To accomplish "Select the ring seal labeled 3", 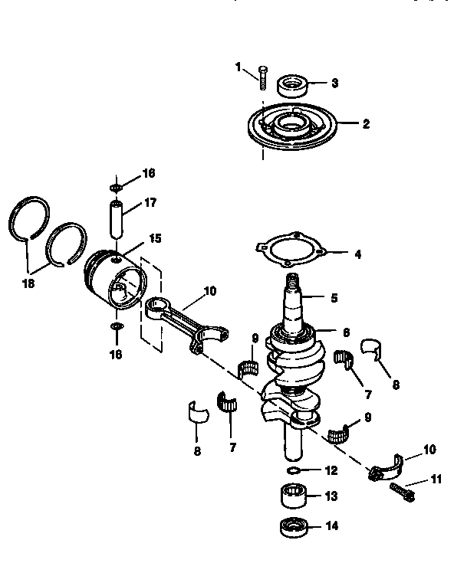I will point(291,84).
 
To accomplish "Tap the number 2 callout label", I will point(366,124).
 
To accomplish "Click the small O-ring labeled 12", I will point(295,469).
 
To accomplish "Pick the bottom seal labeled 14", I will point(292,527).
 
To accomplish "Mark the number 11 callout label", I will point(437,480).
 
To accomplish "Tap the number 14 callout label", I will point(331,526).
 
